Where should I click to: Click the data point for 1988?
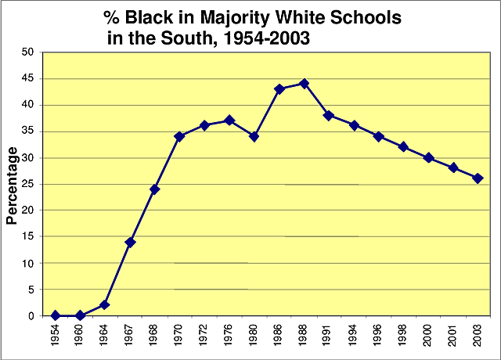(x=304, y=83)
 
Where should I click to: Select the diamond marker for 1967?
(x=130, y=242)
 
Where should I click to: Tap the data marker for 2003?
(x=478, y=178)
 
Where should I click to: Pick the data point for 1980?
(x=254, y=136)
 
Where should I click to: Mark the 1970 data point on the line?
(x=179, y=136)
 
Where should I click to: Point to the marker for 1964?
(x=105, y=304)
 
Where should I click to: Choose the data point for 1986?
(x=279, y=88)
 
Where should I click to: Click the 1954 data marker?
(x=56, y=315)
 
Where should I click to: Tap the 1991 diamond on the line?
(x=329, y=115)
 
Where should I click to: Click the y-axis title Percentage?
(x=12, y=185)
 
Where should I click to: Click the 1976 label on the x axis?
(x=229, y=334)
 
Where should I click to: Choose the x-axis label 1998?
(x=403, y=334)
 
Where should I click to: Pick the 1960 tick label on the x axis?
(x=81, y=334)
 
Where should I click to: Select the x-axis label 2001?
(x=452, y=334)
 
